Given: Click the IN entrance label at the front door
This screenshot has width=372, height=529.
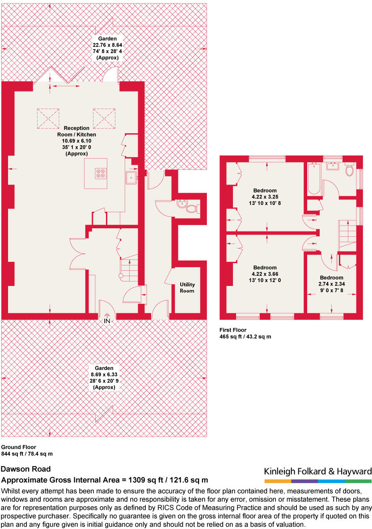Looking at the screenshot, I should (x=107, y=321).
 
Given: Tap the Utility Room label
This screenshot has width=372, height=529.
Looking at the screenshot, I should (x=187, y=288).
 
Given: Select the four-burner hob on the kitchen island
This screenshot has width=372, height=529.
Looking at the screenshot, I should (x=101, y=173).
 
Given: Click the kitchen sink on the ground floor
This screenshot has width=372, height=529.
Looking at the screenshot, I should (x=131, y=178).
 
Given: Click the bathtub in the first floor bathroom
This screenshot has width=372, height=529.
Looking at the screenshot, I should (x=314, y=179).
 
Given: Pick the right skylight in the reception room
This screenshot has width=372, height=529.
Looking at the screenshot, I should (x=104, y=118).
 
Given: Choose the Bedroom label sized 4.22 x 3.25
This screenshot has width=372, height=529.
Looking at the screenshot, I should (x=265, y=197).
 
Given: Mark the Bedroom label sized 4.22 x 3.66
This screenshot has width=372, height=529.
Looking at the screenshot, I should (x=265, y=274).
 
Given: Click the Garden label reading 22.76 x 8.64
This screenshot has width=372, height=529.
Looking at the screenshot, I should (x=107, y=48).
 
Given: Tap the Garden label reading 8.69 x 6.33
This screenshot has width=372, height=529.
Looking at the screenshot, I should (x=104, y=378).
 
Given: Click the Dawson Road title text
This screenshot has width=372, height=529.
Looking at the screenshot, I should (x=25, y=469).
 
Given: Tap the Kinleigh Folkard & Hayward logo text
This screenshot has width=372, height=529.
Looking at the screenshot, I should (x=317, y=471).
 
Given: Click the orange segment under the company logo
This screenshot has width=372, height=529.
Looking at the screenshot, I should (x=278, y=481).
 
